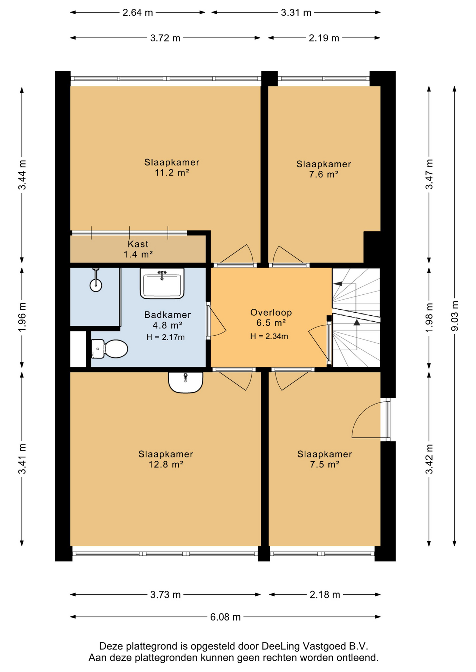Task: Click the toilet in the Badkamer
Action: [x=109, y=349]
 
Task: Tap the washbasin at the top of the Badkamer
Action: [x=162, y=283]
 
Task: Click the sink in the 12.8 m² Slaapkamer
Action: [x=185, y=382]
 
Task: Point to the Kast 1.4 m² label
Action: [x=138, y=249]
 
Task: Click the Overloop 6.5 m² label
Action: [x=271, y=317]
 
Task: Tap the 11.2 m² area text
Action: [x=172, y=173]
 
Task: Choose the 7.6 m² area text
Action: [x=324, y=174]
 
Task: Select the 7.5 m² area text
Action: [x=324, y=464]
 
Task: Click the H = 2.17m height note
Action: [x=165, y=337]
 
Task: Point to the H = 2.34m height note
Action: [x=269, y=336]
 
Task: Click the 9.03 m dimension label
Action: [x=455, y=316]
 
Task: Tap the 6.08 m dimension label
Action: [x=225, y=617]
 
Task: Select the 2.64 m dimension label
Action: [x=138, y=13]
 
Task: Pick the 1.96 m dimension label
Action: [x=22, y=317]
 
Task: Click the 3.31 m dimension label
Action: [x=296, y=13]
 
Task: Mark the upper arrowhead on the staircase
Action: [x=337, y=284]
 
